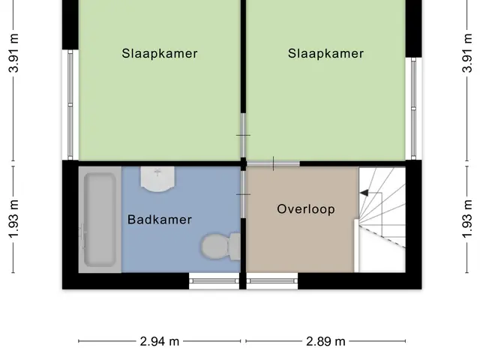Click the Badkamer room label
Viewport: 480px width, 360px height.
tap(160, 220)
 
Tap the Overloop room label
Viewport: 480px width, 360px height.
tap(306, 209)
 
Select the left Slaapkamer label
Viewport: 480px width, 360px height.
tap(160, 53)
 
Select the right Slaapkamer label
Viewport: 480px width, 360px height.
tap(325, 53)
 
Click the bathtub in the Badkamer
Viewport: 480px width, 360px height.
tap(100, 220)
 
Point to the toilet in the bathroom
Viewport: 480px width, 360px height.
tap(220, 247)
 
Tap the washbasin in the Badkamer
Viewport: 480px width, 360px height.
tap(157, 179)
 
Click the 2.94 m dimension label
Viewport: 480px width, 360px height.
tap(160, 341)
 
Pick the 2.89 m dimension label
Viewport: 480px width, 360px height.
tap(325, 341)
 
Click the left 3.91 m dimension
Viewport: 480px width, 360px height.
tap(13, 53)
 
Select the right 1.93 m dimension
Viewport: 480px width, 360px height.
tap(467, 219)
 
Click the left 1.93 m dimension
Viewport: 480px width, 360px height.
tap(13, 219)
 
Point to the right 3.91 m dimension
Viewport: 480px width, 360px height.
tap(467, 53)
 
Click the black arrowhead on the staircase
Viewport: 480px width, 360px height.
tap(364, 193)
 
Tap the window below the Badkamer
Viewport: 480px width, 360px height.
tap(214, 280)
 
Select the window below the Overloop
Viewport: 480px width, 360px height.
tap(272, 280)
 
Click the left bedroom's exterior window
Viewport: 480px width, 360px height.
tap(70, 105)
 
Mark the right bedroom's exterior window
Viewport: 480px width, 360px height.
tap(413, 108)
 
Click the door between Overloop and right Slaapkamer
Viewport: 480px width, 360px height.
tap(273, 163)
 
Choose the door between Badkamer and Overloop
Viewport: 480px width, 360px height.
tap(243, 194)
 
